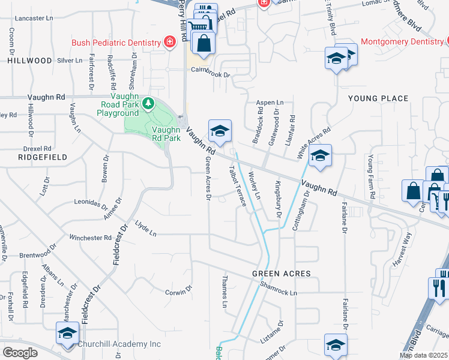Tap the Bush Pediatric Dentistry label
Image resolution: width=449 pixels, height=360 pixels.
(x=116, y=43)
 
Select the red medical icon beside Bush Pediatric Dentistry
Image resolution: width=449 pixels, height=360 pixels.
(x=170, y=41)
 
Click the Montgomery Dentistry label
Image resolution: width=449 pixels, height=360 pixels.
(x=402, y=42)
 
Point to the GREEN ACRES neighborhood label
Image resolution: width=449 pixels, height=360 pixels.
(x=281, y=274)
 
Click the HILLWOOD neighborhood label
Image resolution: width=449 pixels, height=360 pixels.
(x=29, y=61)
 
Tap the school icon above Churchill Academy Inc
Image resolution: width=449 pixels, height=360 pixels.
(x=67, y=333)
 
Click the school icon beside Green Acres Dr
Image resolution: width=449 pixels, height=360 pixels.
(x=220, y=130)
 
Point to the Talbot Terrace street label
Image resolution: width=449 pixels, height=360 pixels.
(x=238, y=187)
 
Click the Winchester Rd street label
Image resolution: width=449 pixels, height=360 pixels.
(x=86, y=238)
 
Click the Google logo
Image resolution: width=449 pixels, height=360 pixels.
(x=20, y=353)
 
